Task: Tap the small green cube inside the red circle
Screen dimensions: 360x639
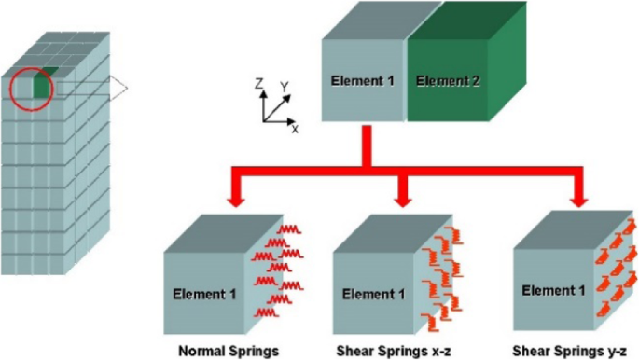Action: pos(39,86)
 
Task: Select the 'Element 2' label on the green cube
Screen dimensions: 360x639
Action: pos(448,81)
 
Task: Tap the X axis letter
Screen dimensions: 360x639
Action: pos(295,128)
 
